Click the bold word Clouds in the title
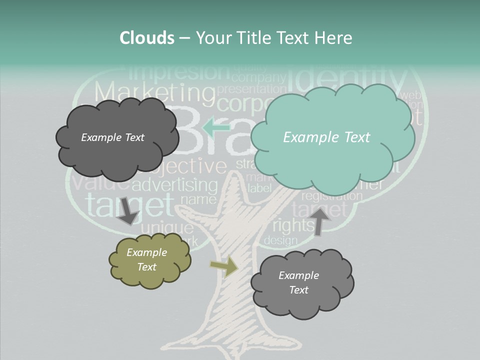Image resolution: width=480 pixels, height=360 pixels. coord(146,38)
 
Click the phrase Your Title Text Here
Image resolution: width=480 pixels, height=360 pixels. coord(274,38)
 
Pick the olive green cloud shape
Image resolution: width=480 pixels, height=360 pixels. coord(149,260)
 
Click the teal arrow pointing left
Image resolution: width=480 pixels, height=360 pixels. coord(216,127)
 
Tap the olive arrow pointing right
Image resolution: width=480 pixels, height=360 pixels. coord(224,267)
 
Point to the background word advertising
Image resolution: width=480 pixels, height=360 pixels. coord(175,185)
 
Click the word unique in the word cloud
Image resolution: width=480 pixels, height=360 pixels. coord(167,228)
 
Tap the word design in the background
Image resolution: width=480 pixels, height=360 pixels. coord(280,240)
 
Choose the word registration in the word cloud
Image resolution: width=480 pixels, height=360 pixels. coord(331,196)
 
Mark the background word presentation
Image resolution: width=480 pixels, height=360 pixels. coord(249,89)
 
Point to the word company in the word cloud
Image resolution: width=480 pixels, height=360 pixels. coord(259,77)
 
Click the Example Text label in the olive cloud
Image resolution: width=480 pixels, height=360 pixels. coord(146,259)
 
